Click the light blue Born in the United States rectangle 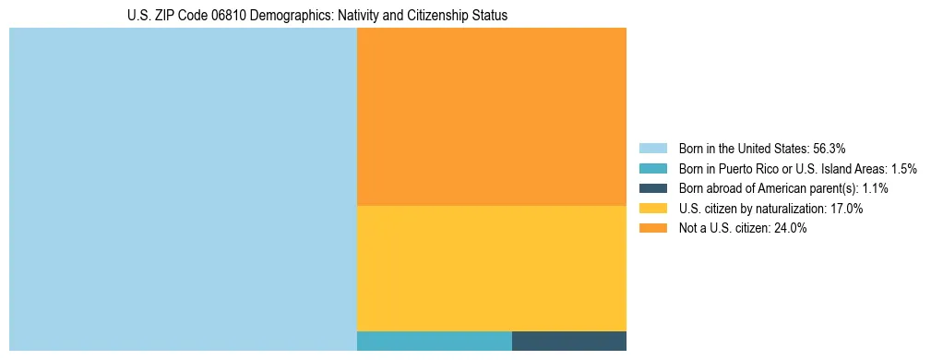click(x=183, y=189)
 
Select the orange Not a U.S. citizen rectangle click(x=491, y=116)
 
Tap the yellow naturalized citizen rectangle click(x=491, y=268)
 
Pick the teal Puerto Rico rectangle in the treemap click(x=434, y=341)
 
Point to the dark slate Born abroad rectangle click(x=568, y=341)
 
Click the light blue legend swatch click(x=652, y=149)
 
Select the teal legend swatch click(x=652, y=169)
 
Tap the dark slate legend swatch click(x=652, y=188)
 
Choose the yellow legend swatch click(x=652, y=209)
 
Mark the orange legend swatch click(x=652, y=229)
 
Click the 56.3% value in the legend click(x=830, y=149)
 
